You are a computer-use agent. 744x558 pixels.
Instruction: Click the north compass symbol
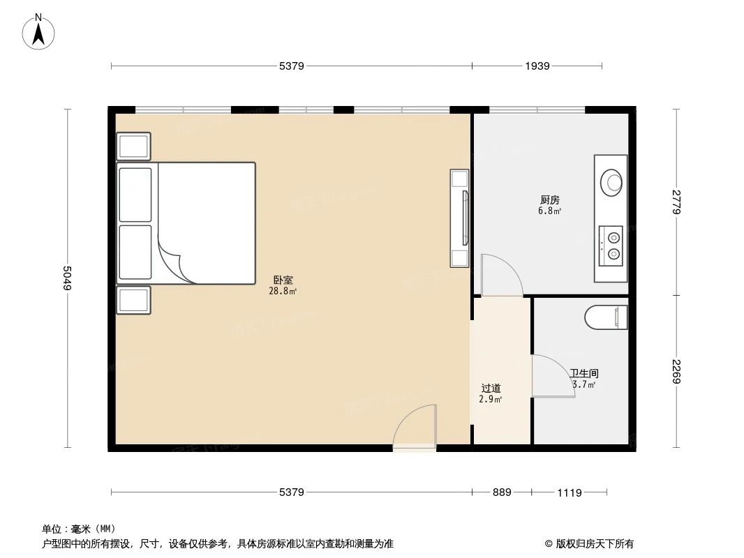pyautogui.click(x=39, y=31)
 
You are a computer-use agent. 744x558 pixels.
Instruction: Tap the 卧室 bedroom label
pyautogui.click(x=283, y=280)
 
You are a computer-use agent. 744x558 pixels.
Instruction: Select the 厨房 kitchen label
pyautogui.click(x=549, y=199)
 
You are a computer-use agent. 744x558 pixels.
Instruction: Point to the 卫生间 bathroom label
pyautogui.click(x=584, y=374)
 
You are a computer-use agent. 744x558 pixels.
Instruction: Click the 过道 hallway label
pyautogui.click(x=491, y=388)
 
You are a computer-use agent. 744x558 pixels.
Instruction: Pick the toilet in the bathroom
pyautogui.click(x=606, y=317)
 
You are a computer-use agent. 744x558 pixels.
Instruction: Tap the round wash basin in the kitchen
pyautogui.click(x=613, y=182)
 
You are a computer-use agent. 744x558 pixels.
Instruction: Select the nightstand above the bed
pyautogui.click(x=133, y=146)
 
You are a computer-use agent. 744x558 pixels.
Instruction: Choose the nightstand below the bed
pyautogui.click(x=133, y=300)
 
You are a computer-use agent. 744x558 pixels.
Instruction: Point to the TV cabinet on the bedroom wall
pyautogui.click(x=459, y=217)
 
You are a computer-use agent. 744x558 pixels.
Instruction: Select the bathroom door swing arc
pyautogui.click(x=553, y=377)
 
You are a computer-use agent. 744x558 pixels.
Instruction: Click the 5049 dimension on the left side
pyautogui.click(x=68, y=279)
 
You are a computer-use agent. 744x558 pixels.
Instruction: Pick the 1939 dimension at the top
pyautogui.click(x=537, y=66)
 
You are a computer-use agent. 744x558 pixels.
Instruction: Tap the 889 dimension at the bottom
pyautogui.click(x=502, y=492)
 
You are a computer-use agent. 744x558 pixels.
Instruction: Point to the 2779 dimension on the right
pyautogui.click(x=676, y=202)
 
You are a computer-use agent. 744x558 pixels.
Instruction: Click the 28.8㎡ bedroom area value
pyautogui.click(x=283, y=291)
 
